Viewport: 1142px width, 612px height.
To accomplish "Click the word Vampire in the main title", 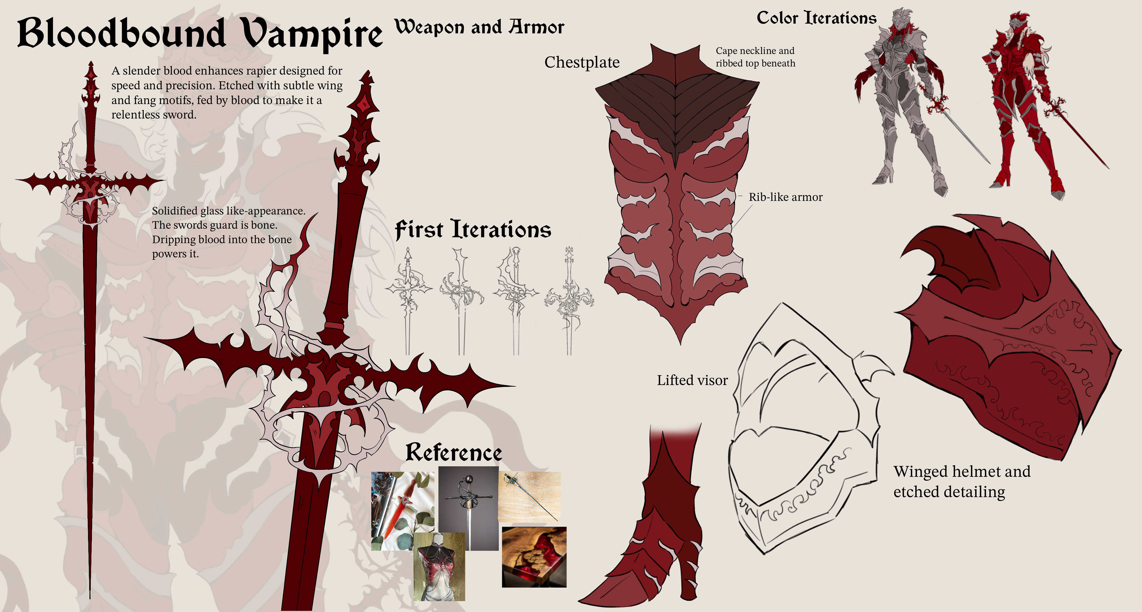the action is tap(313, 34).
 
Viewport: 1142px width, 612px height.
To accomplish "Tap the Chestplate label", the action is tap(582, 62).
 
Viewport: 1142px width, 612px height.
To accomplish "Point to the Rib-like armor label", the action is tap(785, 197).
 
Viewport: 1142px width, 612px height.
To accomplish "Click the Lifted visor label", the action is tap(692, 380).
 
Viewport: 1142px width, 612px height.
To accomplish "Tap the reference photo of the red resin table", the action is tap(534, 557).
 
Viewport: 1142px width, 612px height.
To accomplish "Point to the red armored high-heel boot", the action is tap(656, 531).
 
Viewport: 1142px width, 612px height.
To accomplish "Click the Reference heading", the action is tap(454, 452).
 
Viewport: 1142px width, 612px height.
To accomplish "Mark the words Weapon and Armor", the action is tap(479, 27).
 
